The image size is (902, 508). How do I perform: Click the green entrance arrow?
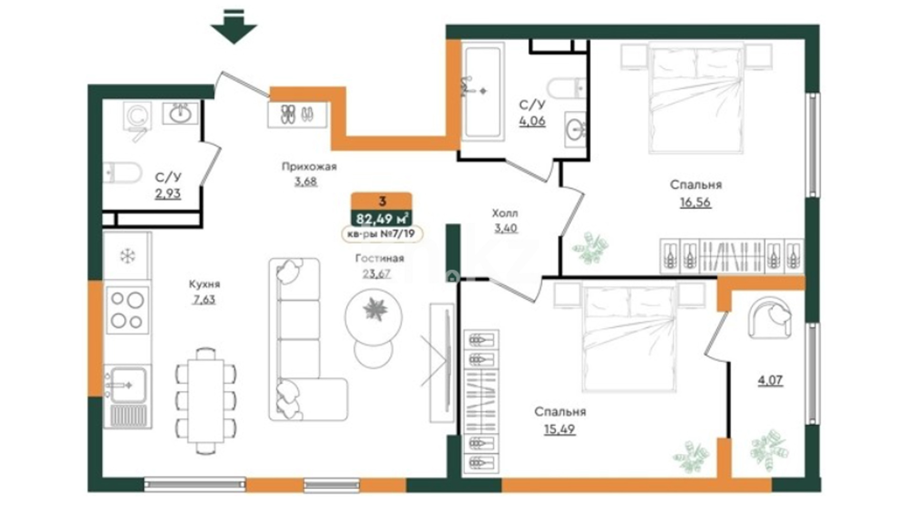coord(233,30)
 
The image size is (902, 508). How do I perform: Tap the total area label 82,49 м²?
coord(382,219)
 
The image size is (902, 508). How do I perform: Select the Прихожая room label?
coord(309,167)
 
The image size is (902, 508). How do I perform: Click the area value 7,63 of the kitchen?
coord(204,300)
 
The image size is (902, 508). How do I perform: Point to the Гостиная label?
coord(380,258)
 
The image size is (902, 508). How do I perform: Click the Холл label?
coord(505,213)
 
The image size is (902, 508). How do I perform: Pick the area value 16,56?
coord(695,202)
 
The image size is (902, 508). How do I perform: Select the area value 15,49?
coord(560,429)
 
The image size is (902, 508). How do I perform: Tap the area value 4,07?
coord(770,380)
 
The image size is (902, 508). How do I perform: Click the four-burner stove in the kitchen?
coord(127,310)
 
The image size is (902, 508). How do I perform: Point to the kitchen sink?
coord(127,385)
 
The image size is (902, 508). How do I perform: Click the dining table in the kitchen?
coord(206,401)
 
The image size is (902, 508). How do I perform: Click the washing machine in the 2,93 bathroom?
coord(137,116)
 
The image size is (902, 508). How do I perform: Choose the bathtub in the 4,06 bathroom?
coord(483,92)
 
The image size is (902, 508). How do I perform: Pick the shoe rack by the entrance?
coord(297,114)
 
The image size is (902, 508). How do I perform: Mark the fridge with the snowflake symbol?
coord(127,256)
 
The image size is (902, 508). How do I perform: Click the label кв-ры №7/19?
coord(381,234)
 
